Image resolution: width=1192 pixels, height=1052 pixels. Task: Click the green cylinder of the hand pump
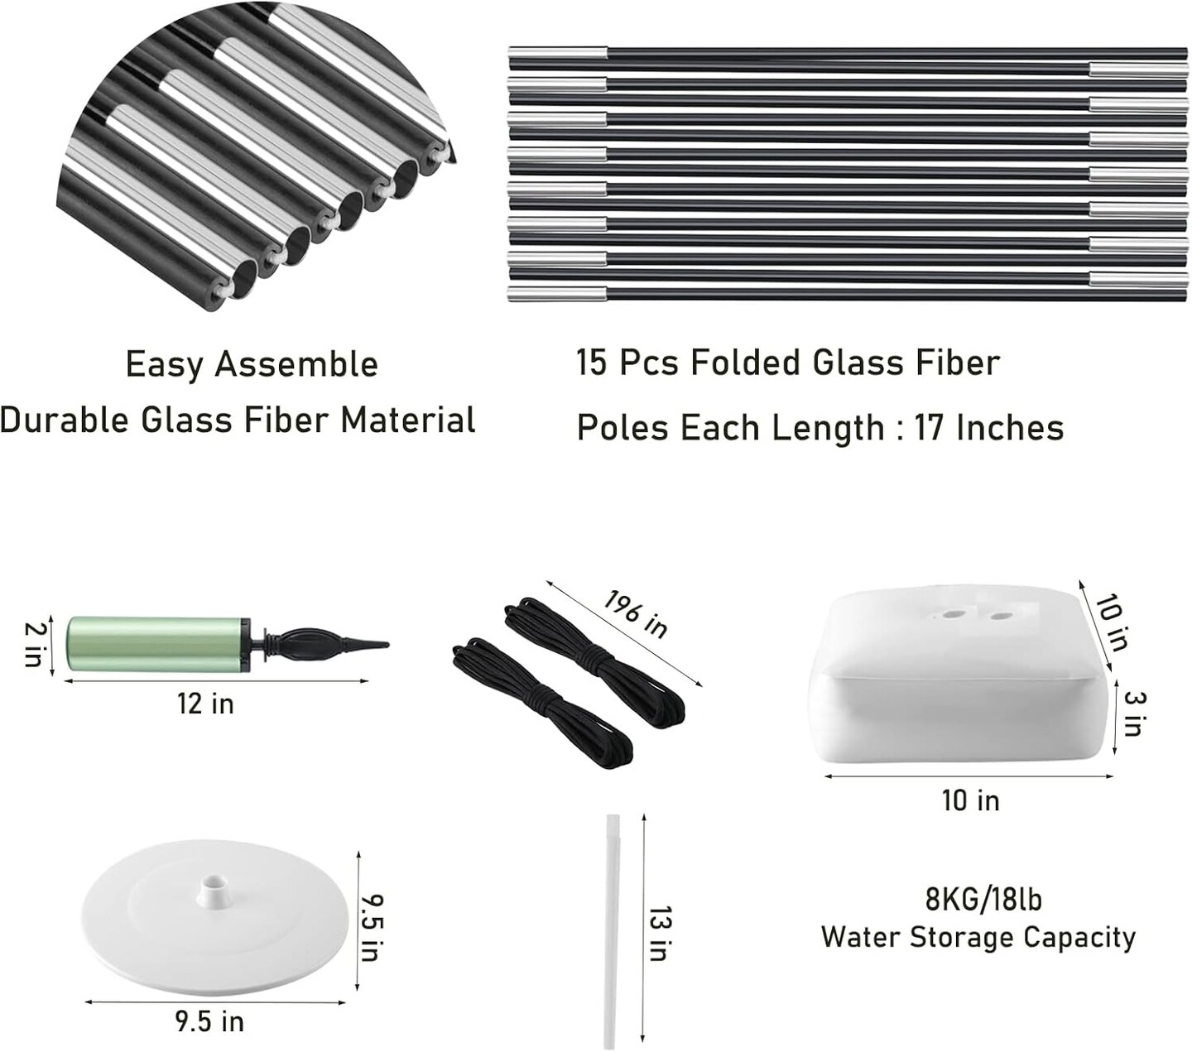(154, 643)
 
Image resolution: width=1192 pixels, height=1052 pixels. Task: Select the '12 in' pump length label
(205, 704)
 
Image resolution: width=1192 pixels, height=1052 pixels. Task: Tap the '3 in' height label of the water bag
(1133, 713)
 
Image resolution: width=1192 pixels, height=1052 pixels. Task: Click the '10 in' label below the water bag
(970, 800)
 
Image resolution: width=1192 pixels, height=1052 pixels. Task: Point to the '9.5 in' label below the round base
(209, 1021)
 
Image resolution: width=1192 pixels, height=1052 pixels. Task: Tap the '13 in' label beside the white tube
(658, 933)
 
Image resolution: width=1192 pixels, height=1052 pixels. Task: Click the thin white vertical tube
(613, 931)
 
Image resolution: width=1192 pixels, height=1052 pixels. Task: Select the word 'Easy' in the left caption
(162, 364)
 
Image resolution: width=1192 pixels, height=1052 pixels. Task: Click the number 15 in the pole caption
(592, 363)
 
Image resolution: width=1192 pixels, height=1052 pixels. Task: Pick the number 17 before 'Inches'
(930, 428)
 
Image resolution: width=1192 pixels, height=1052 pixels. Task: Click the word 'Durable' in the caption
(65, 420)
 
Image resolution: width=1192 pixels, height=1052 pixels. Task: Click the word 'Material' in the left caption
(408, 420)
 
